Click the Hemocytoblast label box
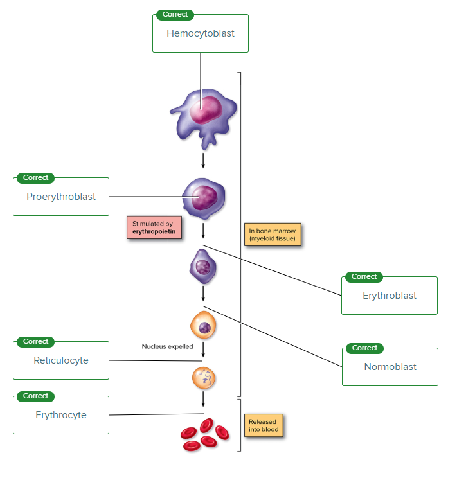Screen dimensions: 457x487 coord(201,33)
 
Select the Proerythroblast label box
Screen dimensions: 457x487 coord(61,197)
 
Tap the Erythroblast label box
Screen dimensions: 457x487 coord(390,296)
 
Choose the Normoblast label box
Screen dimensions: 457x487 coord(390,367)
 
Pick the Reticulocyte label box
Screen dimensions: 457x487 coord(61,360)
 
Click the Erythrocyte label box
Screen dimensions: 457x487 coord(61,415)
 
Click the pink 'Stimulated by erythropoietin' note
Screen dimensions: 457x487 coord(154,227)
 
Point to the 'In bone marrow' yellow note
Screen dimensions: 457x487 coord(273,235)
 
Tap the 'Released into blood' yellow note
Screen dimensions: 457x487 coord(264,425)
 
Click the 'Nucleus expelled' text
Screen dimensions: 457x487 coord(168,346)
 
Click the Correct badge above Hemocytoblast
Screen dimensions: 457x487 coord(175,15)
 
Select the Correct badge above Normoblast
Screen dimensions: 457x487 coord(364,348)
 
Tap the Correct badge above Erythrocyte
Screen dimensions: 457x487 coord(35,396)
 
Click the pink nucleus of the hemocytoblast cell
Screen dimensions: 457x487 coord(206,110)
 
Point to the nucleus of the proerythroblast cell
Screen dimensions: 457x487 coord(204,198)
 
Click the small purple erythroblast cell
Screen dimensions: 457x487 coord(203,267)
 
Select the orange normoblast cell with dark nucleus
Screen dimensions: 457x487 coord(203,325)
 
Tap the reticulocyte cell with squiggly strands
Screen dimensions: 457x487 coord(204,378)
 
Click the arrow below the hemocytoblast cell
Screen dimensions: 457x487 coord(203,160)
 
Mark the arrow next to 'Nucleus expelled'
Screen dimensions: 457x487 coord(203,350)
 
